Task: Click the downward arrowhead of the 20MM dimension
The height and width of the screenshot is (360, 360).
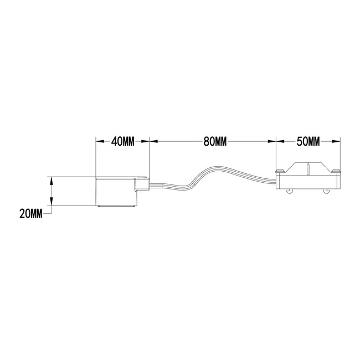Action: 52,203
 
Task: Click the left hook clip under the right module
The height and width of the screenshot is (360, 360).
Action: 290,192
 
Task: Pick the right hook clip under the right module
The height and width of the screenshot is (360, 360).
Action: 328,192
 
